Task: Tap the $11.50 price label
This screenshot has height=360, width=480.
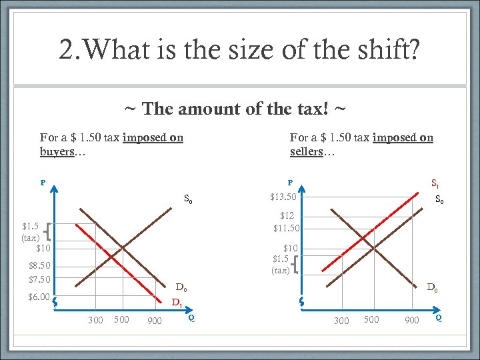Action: pos(287,228)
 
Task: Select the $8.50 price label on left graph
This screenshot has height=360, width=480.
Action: pos(39,266)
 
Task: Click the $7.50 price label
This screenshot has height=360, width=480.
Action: pos(39,279)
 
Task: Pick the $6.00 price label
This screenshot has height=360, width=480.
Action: pos(39,297)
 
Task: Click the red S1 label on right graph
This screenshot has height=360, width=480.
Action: pos(435,183)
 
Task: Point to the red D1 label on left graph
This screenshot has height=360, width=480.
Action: pos(177,303)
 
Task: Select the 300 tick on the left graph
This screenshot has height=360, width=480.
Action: pos(95,321)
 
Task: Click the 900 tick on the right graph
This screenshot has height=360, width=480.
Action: pos(412,321)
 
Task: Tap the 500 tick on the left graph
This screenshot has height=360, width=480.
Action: pos(121,319)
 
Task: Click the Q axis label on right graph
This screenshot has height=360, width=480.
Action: pos(438,318)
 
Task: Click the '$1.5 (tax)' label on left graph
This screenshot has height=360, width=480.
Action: pos(31,231)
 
